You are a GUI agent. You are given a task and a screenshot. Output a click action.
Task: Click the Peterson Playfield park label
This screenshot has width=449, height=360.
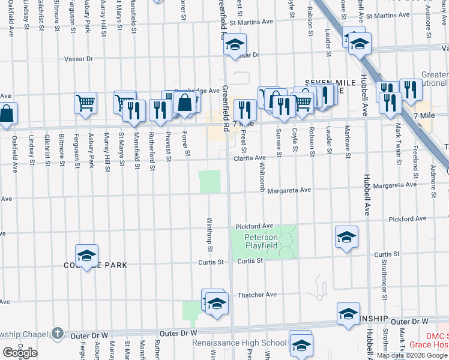pos(261,241)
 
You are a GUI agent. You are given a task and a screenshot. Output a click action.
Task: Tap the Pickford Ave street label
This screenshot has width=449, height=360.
pos(255,226)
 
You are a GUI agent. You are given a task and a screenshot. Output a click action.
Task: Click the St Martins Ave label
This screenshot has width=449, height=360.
pos(250,22)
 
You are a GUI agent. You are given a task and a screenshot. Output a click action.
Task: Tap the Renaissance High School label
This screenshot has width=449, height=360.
pos(239,343)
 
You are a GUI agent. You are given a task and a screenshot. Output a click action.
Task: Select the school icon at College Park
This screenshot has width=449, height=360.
pos(87,256)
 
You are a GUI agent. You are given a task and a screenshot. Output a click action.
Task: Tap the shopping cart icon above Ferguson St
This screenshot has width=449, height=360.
pos(85,103)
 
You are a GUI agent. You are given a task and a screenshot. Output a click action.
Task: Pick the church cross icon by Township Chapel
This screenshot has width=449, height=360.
pos(57,332)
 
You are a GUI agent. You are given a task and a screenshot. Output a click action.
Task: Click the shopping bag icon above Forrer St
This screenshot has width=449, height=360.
pos(185,103)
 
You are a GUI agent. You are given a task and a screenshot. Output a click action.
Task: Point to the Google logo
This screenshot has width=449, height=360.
pos(20,352)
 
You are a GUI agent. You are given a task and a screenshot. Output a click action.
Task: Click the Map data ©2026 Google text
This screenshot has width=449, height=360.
pos(412,355)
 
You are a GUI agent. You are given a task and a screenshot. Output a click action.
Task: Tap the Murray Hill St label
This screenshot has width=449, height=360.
pos(107,152)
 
